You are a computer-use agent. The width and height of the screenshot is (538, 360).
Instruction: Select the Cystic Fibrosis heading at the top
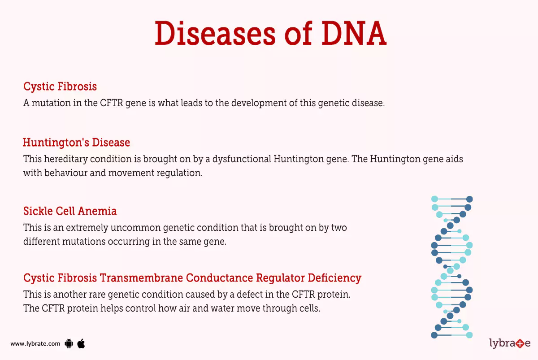point(60,86)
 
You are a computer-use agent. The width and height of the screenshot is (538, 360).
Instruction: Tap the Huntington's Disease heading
point(76,143)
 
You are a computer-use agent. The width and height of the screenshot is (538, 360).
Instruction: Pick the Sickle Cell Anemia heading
point(70,211)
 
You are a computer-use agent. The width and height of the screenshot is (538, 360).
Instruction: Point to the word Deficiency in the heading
point(334,278)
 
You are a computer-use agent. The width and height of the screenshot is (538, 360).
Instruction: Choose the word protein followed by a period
point(336,295)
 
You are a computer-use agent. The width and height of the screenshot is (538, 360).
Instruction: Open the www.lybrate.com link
point(35,344)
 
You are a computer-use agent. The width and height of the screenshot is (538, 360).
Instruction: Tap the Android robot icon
point(69,344)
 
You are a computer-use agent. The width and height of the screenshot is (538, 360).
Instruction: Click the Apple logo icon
point(81,343)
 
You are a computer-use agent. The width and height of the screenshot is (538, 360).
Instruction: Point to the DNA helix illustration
point(452,267)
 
